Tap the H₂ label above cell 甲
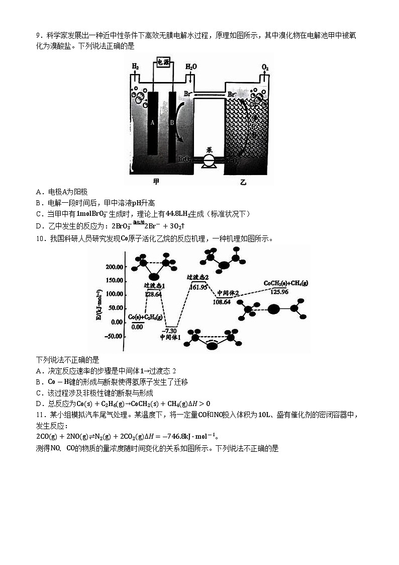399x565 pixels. [x=135, y=66]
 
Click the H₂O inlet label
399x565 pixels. [x=191, y=66]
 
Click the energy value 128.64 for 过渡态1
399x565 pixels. [x=153, y=294]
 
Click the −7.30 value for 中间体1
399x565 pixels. [x=171, y=330]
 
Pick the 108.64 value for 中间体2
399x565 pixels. [x=222, y=302]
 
